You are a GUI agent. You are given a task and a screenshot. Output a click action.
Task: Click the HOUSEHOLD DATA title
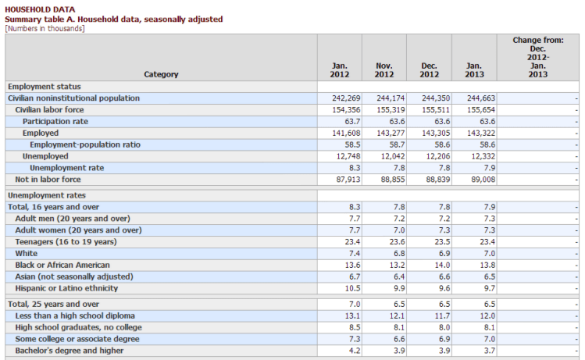coord(38,9)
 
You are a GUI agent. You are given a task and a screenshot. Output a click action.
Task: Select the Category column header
coord(161,74)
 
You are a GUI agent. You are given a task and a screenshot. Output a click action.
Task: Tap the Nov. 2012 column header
coord(383,70)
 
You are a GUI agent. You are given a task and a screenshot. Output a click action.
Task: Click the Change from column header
coord(538,57)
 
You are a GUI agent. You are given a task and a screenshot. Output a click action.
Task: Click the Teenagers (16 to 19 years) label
coord(66,242)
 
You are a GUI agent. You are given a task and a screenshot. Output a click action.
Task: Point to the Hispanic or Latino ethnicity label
coord(66,289)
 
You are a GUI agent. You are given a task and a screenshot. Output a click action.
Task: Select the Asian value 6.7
coord(344,277)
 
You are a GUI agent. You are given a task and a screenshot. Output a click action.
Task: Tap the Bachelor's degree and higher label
coord(69,351)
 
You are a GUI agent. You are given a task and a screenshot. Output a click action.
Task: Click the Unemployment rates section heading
coord(47,195)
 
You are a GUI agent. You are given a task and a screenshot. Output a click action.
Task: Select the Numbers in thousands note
coord(45,29)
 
